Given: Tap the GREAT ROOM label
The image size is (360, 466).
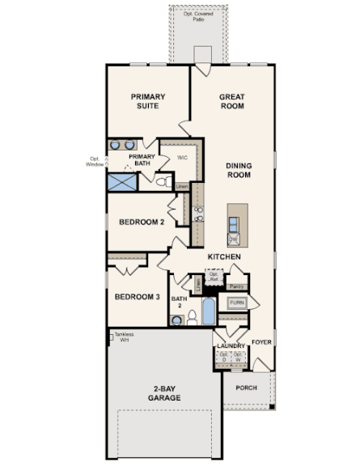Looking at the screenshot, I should [x=232, y=101].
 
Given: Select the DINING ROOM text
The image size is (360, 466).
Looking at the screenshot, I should [x=239, y=170].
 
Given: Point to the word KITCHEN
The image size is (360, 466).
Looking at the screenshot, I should [x=224, y=256].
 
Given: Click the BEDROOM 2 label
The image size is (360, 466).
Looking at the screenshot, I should [x=142, y=222].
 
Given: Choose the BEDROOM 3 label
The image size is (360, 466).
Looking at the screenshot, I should [x=137, y=297].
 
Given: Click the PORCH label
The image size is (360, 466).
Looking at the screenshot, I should [x=246, y=388].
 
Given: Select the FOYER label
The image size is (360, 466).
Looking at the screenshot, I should [x=261, y=342].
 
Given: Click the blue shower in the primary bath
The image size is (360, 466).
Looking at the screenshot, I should [x=121, y=180].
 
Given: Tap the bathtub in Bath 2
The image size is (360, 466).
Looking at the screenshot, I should [x=208, y=310].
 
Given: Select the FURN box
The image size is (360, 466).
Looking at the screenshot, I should [x=236, y=303].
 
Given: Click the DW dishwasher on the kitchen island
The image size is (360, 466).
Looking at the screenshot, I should [x=233, y=239].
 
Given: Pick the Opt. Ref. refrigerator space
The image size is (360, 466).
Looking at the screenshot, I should [x=214, y=277].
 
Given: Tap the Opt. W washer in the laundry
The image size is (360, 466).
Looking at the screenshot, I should [x=238, y=357].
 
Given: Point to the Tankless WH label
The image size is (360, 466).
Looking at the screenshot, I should [x=123, y=337].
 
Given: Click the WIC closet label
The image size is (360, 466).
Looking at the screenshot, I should [x=182, y=157].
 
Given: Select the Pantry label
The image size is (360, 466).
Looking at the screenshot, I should [x=236, y=286].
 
